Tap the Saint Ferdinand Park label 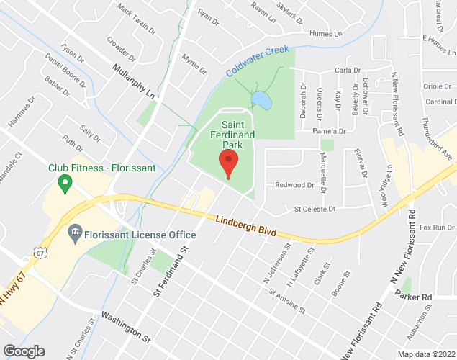(x=231, y=135)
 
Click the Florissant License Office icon (x=75, y=234)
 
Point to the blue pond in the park (x=261, y=101)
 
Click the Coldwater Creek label (x=257, y=62)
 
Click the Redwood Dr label (x=295, y=185)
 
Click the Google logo (x=23, y=351)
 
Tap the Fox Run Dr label (x=438, y=228)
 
